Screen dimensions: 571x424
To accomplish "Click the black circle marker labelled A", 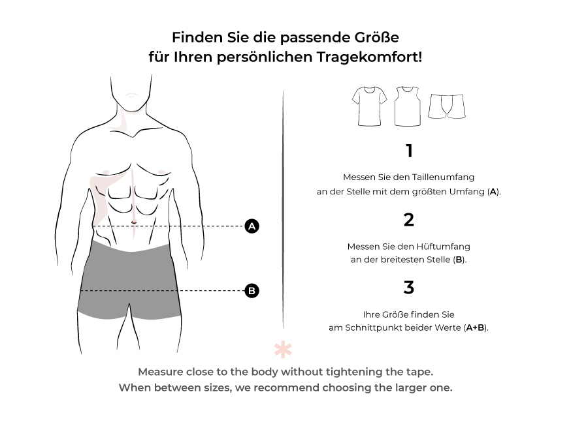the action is tap(252, 226).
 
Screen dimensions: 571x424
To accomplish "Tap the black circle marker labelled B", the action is tap(252, 290).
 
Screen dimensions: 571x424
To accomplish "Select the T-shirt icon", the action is tap(369, 106).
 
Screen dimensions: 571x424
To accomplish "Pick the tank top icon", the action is tap(408, 106).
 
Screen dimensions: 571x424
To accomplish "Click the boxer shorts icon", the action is tap(447, 106).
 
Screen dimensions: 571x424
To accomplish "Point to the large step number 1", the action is tap(410, 151).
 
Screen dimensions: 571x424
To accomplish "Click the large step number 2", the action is tap(409, 220).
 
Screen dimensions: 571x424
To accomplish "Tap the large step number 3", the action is tap(409, 287).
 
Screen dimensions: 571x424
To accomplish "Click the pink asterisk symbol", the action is tap(283, 350).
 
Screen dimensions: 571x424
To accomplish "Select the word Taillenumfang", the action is tap(443, 177).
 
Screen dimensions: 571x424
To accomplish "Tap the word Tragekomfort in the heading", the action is tap(369, 57).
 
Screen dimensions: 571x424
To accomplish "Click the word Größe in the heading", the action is tap(376, 37).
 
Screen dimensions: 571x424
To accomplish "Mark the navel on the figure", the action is tap(134, 222).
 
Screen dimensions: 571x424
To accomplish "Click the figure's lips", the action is tap(131, 95).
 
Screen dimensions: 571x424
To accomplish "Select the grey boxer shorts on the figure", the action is tap(129, 279).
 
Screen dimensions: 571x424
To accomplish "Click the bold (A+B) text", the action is tap(476, 327).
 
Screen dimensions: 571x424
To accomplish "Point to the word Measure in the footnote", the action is tap(160, 372).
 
